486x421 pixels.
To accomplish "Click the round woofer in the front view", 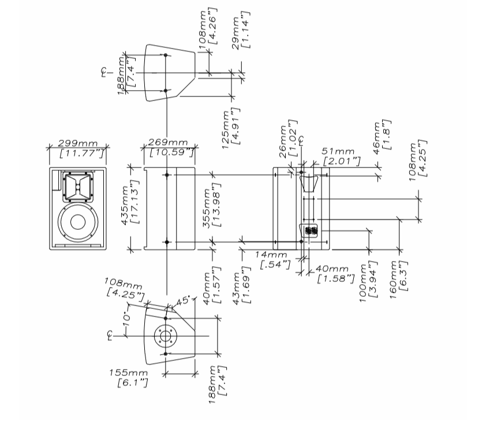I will (78, 222).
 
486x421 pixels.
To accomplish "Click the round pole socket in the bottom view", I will (165, 335).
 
